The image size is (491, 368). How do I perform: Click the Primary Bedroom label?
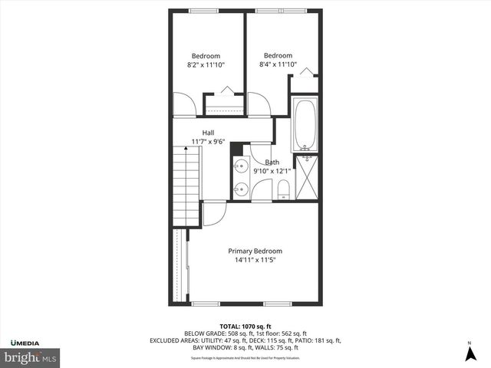pos(255,251)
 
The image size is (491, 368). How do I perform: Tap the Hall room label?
pos(208,133)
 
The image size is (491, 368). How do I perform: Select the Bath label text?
pos(272,162)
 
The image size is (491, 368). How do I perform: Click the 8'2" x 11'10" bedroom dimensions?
pos(206,65)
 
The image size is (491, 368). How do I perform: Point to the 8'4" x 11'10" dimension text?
pos(278,64)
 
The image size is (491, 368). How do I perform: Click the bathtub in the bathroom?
pos(305,124)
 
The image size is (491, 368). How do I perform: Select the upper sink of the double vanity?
pos(240,165)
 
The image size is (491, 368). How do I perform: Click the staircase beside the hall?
pos(186,186)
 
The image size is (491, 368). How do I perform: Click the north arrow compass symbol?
pos(470,353)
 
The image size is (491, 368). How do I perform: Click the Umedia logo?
pos(28,341)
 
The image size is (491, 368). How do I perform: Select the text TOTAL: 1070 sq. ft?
pos(245,326)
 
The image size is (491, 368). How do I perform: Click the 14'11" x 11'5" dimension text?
pos(255,260)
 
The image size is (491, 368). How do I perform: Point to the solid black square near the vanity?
pos(236,149)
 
